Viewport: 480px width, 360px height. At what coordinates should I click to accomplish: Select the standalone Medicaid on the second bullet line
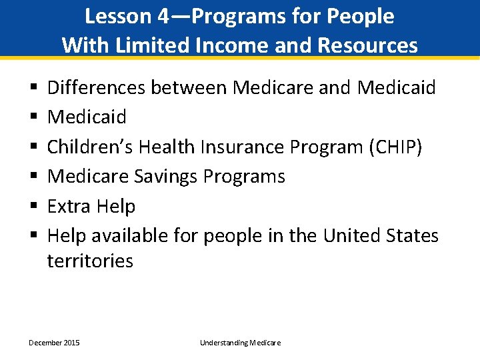click(87, 117)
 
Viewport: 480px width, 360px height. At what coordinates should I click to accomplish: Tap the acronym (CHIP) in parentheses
click(394, 147)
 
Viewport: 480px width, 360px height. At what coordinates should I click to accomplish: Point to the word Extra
click(69, 207)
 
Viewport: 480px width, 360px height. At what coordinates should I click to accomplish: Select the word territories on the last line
click(90, 261)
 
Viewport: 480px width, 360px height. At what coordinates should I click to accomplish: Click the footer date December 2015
click(54, 343)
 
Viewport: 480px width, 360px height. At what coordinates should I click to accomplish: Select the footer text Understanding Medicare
click(240, 343)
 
